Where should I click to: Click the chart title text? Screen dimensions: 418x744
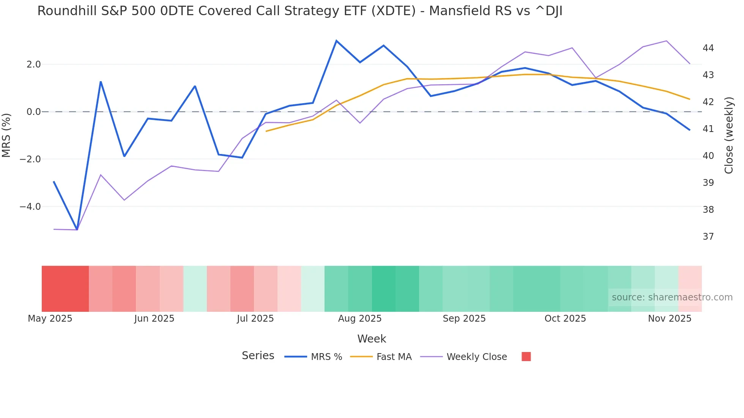coord(299,11)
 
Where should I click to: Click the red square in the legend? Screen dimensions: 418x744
coord(526,357)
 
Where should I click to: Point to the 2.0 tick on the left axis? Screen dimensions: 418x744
coord(33,64)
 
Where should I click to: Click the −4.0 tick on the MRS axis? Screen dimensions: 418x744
coord(30,207)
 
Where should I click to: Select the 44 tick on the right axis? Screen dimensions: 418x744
coord(708,48)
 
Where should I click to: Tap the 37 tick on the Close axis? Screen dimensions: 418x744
coord(708,237)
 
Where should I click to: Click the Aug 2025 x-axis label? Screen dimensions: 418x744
coord(359,319)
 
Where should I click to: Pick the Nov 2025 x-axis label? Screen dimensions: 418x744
coord(669,319)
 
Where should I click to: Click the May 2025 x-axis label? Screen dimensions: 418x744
coord(50,319)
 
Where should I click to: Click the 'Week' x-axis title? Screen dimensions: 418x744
coord(372,339)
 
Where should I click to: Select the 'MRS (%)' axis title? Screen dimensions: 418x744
coord(6,135)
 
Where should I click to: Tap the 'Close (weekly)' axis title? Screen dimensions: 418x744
coord(729,135)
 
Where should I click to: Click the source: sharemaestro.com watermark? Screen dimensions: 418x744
coord(672,297)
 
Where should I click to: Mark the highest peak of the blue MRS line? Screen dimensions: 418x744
coord(336,41)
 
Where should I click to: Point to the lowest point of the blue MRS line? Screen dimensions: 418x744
coord(77,229)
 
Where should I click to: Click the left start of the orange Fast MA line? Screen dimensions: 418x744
coord(266,131)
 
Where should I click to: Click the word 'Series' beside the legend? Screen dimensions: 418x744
coord(258,356)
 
